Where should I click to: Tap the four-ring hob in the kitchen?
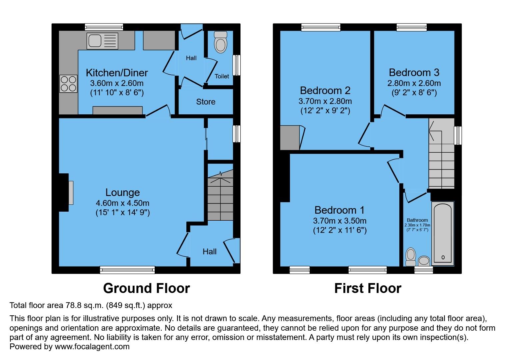68,84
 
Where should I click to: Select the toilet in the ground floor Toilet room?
220,42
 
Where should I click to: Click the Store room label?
206,102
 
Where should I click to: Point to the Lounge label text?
122,192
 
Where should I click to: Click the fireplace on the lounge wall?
71,192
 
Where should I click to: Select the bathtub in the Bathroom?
443,233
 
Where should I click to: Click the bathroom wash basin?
424,260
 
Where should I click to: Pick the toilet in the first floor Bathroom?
411,256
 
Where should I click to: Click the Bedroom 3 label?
414,72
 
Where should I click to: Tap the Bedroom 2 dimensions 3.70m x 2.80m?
325,101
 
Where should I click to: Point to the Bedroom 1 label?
339,210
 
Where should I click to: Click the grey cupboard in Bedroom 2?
290,138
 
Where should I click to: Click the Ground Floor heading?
146,288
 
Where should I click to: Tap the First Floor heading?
368,288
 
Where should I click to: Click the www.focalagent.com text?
92,347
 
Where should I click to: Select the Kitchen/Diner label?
117,73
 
